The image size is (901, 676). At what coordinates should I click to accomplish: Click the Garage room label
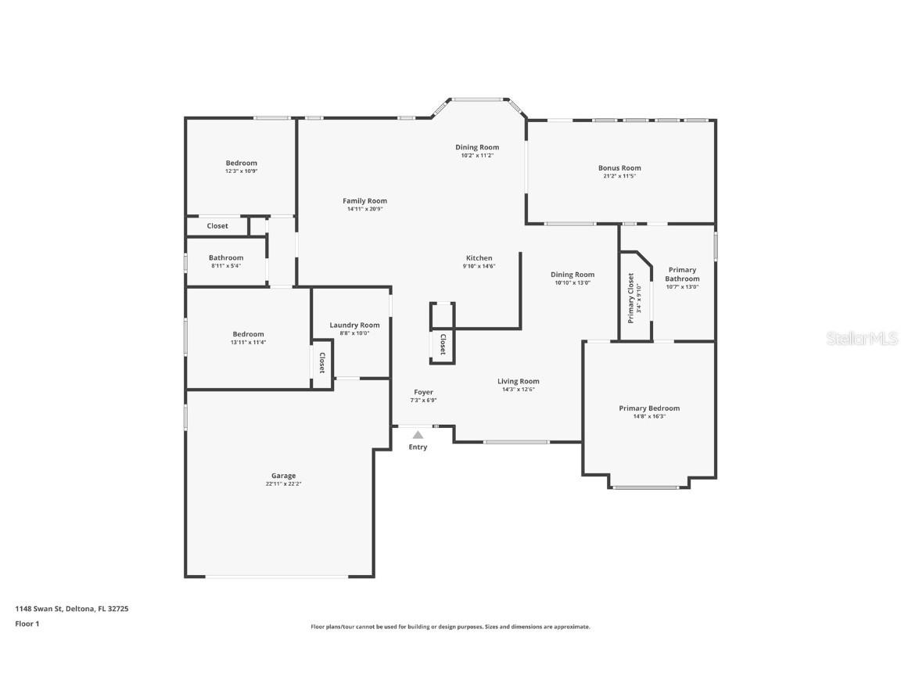pos(283,476)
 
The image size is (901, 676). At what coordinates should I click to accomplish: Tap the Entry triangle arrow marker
pos(418,435)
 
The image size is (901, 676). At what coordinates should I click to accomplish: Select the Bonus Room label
pos(619,168)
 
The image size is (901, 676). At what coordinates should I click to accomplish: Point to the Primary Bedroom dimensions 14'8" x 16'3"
pos(649,416)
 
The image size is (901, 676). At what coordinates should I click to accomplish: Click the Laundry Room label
pos(354,325)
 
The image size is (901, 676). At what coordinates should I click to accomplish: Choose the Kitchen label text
pos(479,258)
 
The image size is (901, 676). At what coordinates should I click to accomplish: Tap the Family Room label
pos(364,201)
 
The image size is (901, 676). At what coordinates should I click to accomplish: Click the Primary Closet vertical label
pos(630,298)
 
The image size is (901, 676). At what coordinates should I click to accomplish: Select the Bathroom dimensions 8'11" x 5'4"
pos(226,266)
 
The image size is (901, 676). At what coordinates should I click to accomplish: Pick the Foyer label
pos(423,392)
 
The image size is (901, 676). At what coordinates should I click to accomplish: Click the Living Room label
pos(519,382)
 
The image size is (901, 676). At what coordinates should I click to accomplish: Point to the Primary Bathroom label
pos(682,275)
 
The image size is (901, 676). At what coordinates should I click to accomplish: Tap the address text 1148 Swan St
pos(71,608)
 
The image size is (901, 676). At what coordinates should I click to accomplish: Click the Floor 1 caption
pos(27,624)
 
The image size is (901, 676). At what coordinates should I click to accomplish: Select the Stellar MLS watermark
pos(863,338)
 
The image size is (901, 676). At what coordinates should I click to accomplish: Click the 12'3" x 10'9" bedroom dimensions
pos(242,171)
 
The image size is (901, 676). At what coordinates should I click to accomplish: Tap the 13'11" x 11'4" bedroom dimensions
pos(248,342)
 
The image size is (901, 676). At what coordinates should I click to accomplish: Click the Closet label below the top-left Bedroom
pos(217,226)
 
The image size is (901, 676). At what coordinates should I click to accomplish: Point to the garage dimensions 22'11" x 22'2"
pos(283,484)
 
